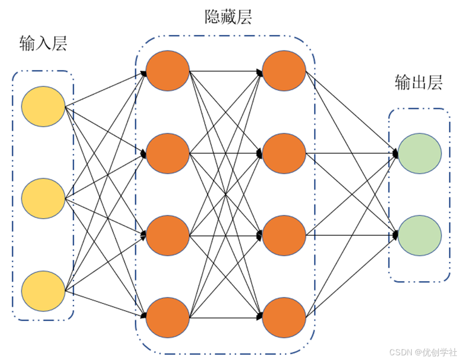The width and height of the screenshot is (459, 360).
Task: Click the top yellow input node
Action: pyautogui.click(x=43, y=108)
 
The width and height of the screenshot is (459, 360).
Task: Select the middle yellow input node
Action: pyautogui.click(x=43, y=198)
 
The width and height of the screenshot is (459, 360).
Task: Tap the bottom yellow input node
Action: pyautogui.click(x=43, y=290)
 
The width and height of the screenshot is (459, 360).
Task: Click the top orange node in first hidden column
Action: pyautogui.click(x=167, y=71)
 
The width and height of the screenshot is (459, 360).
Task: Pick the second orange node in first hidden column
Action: pyautogui.click(x=167, y=153)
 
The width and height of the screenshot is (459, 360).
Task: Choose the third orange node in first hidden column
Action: pyautogui.click(x=167, y=235)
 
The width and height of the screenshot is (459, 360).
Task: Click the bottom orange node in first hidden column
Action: pyautogui.click(x=167, y=317)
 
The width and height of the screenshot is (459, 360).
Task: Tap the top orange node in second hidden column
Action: pyautogui.click(x=284, y=71)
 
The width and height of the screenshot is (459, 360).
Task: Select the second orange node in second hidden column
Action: pyautogui.click(x=284, y=153)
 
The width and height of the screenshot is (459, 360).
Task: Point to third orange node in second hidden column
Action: pyautogui.click(x=284, y=235)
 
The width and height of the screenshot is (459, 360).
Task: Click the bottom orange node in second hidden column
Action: pyautogui.click(x=284, y=317)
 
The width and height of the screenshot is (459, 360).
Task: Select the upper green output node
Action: pyautogui.click(x=419, y=153)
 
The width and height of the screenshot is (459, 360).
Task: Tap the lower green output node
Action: pyautogui.click(x=419, y=235)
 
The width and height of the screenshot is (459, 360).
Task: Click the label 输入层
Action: pyautogui.click(x=43, y=44)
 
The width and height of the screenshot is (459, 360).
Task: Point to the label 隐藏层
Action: pyautogui.click(x=228, y=17)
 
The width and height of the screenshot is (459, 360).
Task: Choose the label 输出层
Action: pyautogui.click(x=418, y=83)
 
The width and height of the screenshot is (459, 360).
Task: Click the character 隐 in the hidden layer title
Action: pyautogui.click(x=213, y=17)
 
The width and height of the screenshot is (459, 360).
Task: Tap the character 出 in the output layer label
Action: pyautogui.click(x=418, y=83)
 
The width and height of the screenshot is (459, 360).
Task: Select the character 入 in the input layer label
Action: pyautogui.click(x=43, y=44)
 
